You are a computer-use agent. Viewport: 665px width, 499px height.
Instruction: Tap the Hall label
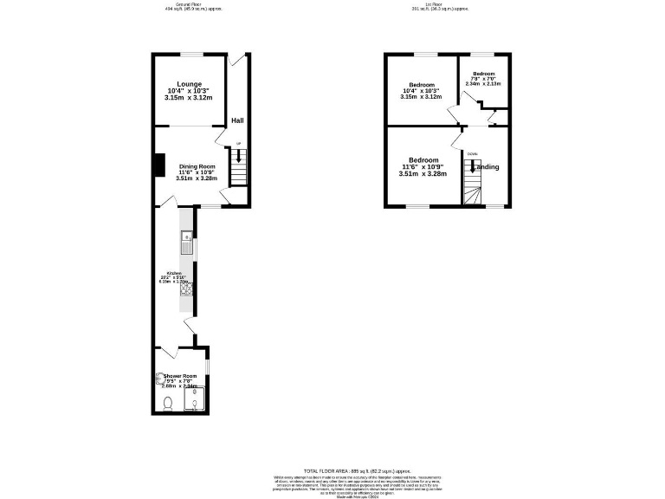pyautogui.click(x=237, y=120)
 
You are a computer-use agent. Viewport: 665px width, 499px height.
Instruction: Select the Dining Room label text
pyautogui.click(x=197, y=166)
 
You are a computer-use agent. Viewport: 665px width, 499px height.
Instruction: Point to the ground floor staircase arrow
pyautogui.click(x=239, y=158)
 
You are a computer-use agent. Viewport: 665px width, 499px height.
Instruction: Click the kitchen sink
pyautogui.click(x=186, y=241)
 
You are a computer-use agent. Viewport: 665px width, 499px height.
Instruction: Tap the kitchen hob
pyautogui.click(x=186, y=291)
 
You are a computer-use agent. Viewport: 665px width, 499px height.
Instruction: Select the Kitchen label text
pyautogui.click(x=174, y=273)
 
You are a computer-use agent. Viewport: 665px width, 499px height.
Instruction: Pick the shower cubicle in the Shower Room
pyautogui.click(x=196, y=398)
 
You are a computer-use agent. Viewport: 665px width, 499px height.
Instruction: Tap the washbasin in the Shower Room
pyautogui.click(x=160, y=378)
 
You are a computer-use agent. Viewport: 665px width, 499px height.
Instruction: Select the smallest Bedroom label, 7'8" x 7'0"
pyautogui.click(x=483, y=75)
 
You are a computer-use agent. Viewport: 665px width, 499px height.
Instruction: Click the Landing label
pyautogui.click(x=486, y=166)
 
